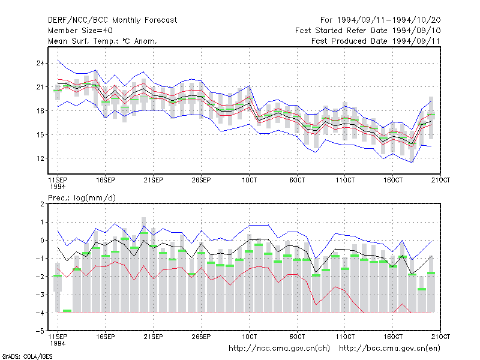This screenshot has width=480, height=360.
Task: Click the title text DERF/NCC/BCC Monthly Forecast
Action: [x=112, y=20]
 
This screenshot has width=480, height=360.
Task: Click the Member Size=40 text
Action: [x=80, y=31]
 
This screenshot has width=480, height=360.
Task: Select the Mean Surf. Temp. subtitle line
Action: [x=103, y=41]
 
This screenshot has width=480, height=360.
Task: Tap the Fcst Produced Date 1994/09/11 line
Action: [x=376, y=41]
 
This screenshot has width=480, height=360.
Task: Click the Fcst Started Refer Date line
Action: [x=368, y=31]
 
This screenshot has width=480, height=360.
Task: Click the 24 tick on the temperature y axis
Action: [x=40, y=64]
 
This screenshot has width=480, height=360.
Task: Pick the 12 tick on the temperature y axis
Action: [x=40, y=158]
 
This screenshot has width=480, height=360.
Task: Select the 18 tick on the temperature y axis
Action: [x=40, y=111]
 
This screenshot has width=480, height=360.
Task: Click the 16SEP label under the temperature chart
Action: [x=106, y=180]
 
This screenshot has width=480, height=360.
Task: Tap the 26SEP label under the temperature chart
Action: [x=201, y=180]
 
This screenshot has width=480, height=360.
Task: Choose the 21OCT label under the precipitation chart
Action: [x=440, y=337]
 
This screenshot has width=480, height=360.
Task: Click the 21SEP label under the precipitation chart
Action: [x=154, y=337]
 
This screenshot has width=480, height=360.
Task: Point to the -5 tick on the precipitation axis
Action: [x=40, y=331]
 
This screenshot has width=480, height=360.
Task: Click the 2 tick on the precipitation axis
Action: [x=42, y=204]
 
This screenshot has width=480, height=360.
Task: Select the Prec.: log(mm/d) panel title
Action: [x=82, y=198]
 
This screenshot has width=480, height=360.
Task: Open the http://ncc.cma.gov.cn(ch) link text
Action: [x=279, y=349]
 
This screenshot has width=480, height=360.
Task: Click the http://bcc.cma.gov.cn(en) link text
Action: [x=389, y=349]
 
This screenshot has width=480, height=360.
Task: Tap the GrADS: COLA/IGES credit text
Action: [x=27, y=356]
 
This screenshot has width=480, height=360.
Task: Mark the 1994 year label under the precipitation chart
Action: [x=58, y=343]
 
